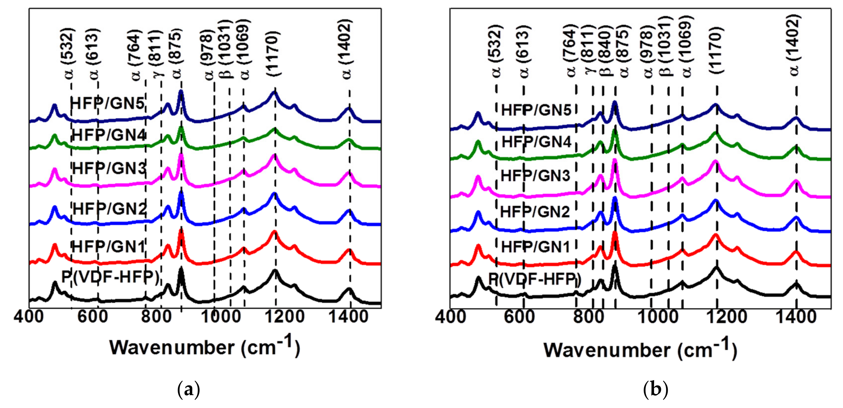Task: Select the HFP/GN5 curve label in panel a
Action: point(107,103)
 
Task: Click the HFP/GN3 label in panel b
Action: point(535,176)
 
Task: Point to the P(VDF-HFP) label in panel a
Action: point(110,277)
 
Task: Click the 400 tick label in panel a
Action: point(29,317)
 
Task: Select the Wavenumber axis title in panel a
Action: point(204,347)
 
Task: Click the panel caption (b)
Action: point(655,389)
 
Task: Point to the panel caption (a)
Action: point(188,389)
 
